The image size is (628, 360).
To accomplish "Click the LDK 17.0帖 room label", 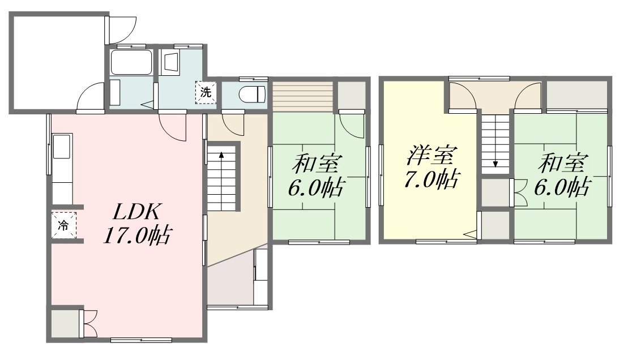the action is click(138, 224).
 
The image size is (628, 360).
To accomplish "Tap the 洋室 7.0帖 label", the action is click(431, 168).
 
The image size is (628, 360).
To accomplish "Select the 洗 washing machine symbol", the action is click(206, 92).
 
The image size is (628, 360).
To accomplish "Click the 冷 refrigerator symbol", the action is click(63, 225).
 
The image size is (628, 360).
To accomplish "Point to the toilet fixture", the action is click(253, 95).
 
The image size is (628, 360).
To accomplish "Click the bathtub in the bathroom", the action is click(131, 62).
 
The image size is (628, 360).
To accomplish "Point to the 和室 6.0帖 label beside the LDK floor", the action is click(315, 175).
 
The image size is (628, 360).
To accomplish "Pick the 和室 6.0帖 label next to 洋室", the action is click(562, 174).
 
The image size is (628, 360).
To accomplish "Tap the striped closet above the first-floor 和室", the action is click(303, 96).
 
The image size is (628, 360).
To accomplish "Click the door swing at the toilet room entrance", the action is click(233, 123).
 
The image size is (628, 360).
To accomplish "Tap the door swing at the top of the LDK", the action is click(173, 126).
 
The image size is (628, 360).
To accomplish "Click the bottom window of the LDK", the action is click(141, 340).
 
